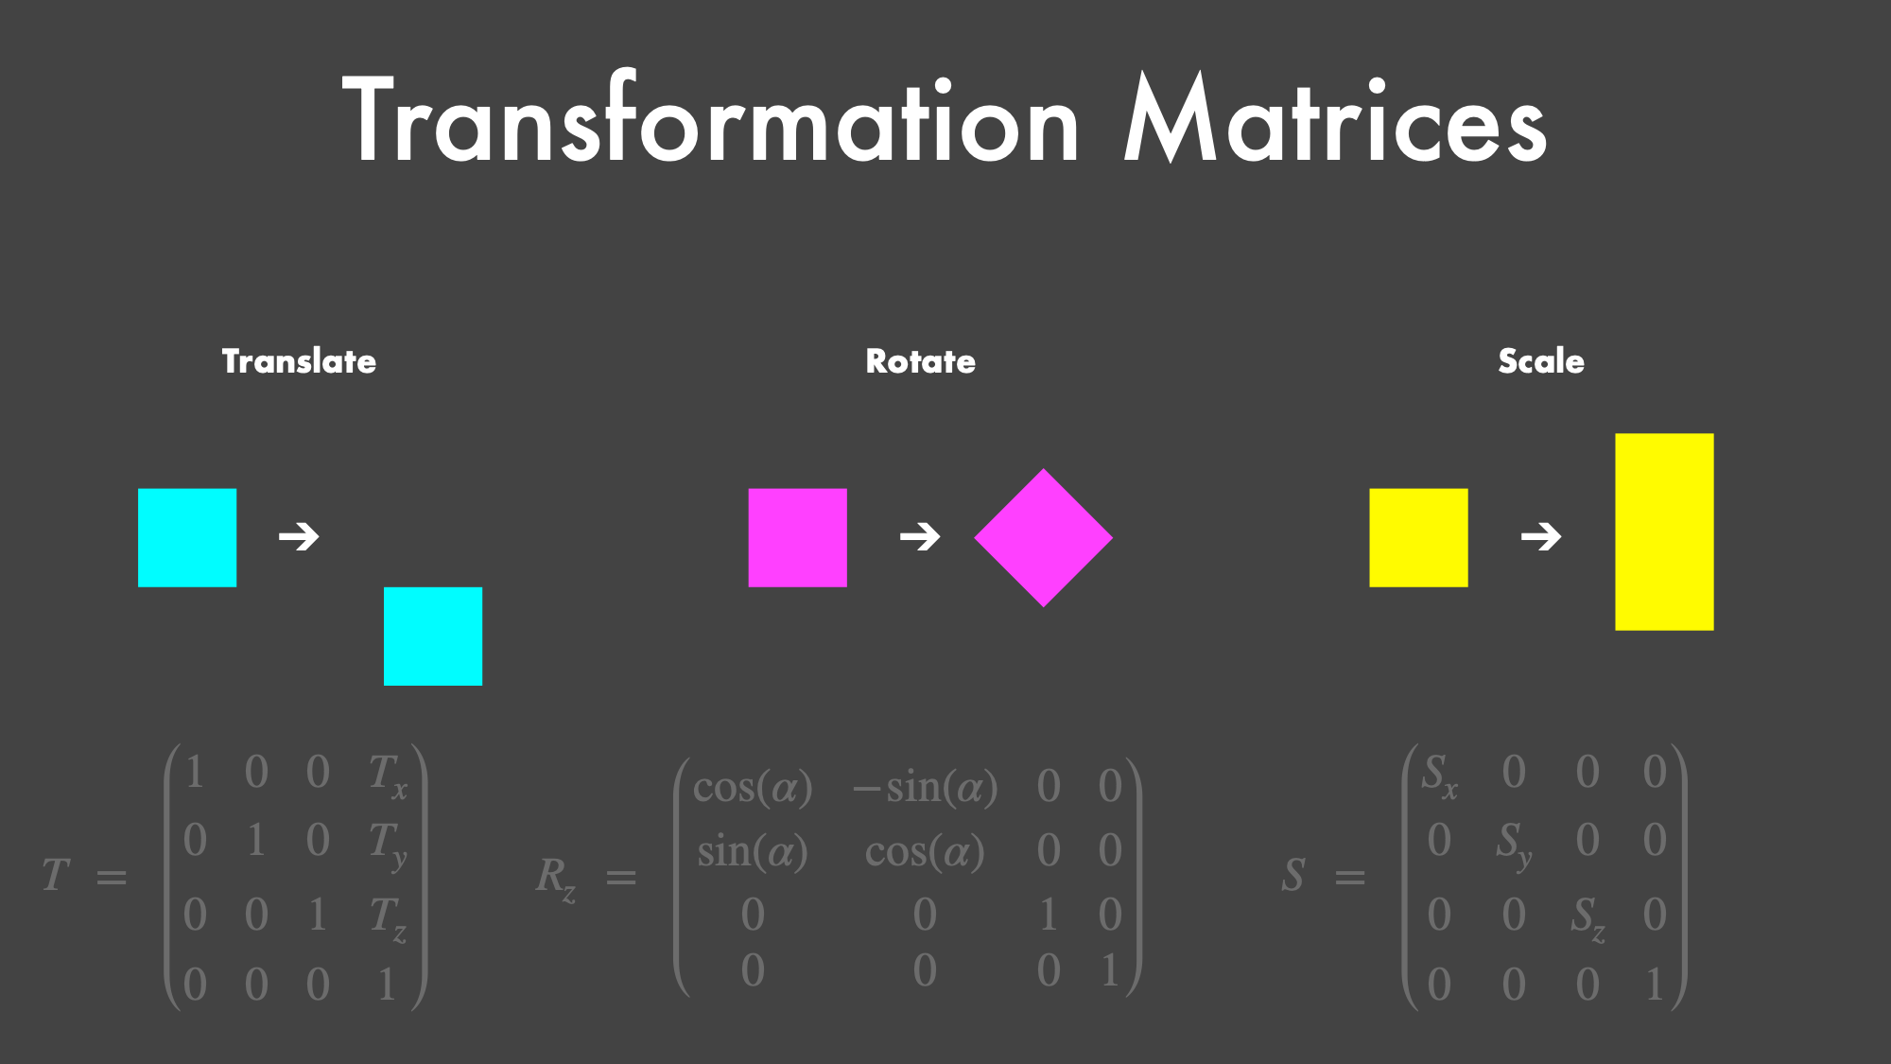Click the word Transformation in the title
(710, 118)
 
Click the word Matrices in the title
(1335, 118)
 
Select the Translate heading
(299, 361)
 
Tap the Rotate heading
(921, 361)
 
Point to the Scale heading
(1541, 361)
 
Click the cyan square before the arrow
(187, 538)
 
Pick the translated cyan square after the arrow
(433, 637)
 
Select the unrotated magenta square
(797, 538)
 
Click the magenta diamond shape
(1044, 538)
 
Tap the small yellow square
(1418, 538)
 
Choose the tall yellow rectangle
(1664, 532)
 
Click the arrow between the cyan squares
(299, 537)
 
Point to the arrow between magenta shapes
(920, 537)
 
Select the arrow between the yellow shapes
(1541, 537)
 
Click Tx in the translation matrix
(388, 776)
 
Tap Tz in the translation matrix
(388, 918)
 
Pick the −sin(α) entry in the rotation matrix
(925, 787)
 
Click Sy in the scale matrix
(1513, 845)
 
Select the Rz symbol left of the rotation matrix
(556, 879)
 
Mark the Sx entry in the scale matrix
(1439, 776)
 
